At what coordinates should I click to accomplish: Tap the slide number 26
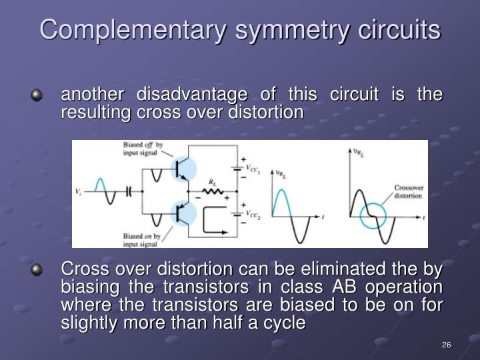[447, 345]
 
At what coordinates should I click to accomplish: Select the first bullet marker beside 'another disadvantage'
[37, 96]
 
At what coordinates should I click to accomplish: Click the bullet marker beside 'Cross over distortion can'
[37, 271]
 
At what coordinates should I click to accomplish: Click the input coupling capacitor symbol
[129, 190]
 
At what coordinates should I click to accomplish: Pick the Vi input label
[79, 191]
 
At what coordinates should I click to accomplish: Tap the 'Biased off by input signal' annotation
[143, 148]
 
